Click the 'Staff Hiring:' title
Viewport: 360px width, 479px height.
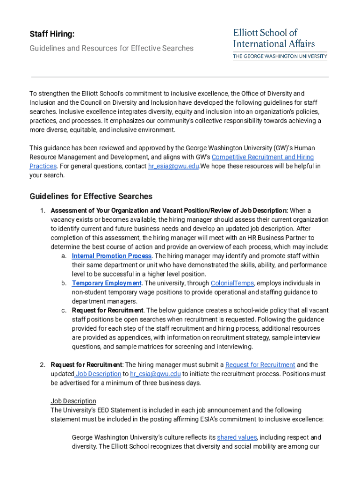click(52, 34)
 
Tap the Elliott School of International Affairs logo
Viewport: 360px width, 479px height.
click(274, 38)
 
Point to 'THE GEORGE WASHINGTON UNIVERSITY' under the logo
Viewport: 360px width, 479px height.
click(280, 56)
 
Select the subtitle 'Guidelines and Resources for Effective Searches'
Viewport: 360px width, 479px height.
click(111, 48)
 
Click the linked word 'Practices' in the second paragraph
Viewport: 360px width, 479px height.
click(43, 166)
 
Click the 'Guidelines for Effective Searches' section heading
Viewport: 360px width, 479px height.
click(91, 196)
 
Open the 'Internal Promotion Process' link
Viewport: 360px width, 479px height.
click(111, 256)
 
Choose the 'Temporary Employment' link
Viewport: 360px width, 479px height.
click(106, 283)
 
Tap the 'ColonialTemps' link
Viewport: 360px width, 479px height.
click(232, 283)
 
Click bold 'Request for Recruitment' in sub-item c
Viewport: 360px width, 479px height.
click(108, 311)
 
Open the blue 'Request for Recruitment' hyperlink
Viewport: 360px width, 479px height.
click(260, 365)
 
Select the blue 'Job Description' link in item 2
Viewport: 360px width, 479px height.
click(98, 374)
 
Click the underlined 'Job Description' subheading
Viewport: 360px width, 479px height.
click(73, 401)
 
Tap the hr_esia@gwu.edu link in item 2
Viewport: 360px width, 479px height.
click(155, 374)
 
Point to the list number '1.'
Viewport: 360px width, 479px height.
click(42, 210)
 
